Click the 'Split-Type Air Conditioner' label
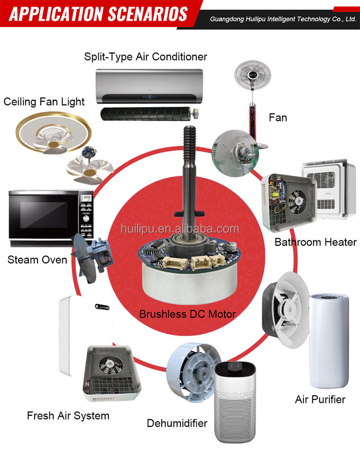(x=145, y=57)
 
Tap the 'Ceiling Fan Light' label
(x=44, y=102)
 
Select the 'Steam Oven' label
(x=37, y=260)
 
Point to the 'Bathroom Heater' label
(x=315, y=242)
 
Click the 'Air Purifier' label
(x=320, y=399)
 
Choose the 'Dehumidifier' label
(x=177, y=423)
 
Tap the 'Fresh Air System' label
(x=68, y=415)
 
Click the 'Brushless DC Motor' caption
(x=187, y=314)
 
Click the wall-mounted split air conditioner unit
(x=146, y=85)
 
